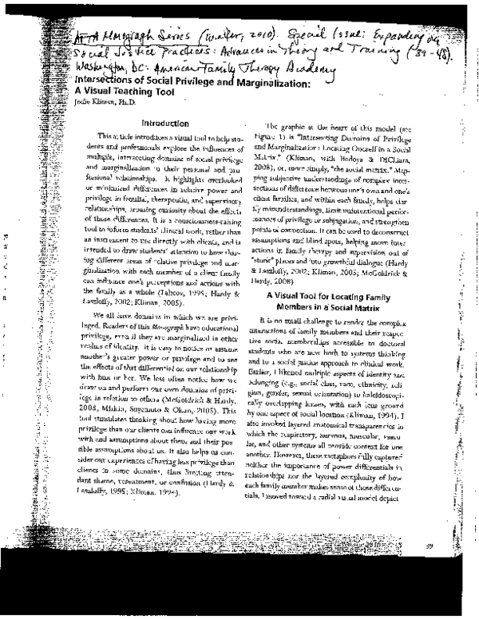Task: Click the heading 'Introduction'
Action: [163, 124]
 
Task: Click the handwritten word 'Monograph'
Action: [122, 37]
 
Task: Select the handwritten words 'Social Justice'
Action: [105, 53]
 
